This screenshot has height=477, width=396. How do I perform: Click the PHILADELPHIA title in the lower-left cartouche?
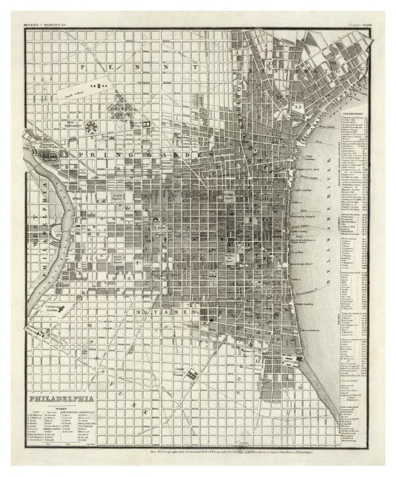[58, 399]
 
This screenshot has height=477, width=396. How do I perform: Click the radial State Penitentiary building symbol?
[90, 127]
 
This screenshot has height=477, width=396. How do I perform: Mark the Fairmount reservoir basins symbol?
[48, 155]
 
